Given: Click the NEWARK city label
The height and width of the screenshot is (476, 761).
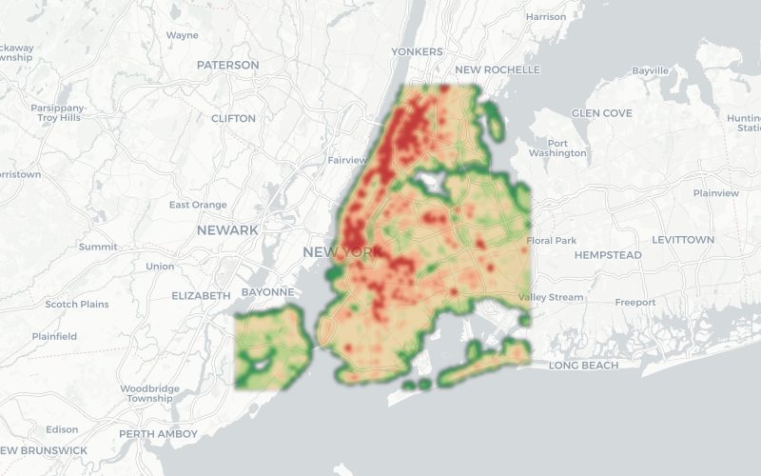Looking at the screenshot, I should [x=227, y=230].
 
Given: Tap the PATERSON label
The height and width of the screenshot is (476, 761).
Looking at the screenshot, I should [x=227, y=65].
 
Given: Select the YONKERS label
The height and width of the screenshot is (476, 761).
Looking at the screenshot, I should [x=417, y=51].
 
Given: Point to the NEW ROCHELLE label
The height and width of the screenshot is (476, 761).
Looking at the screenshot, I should [x=497, y=69].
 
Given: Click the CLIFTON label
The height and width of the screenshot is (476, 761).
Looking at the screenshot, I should [x=233, y=118].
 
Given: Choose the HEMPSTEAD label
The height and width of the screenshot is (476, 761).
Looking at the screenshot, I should [x=608, y=255].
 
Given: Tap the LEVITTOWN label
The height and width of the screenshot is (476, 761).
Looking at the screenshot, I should [x=683, y=240].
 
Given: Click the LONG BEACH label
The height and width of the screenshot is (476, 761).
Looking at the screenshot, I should [x=583, y=366].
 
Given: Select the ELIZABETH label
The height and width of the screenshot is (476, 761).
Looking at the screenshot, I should [x=201, y=296].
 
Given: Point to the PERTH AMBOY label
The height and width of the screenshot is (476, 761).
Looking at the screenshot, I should [x=158, y=434].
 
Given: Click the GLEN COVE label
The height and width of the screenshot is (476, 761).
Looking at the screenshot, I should [x=601, y=113].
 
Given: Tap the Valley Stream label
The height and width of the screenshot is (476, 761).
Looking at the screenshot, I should [x=551, y=297].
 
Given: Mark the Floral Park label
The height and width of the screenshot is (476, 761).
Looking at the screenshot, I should [x=552, y=241].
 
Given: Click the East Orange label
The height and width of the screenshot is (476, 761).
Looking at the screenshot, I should [x=198, y=205].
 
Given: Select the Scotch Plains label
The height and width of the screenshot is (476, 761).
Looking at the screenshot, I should [x=77, y=305].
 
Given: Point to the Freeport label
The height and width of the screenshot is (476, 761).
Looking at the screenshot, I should [x=635, y=303].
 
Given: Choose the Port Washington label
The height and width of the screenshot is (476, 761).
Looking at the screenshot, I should [x=557, y=147].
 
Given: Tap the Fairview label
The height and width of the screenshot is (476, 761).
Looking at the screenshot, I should [x=346, y=160].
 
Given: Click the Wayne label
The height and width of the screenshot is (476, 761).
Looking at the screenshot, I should [x=182, y=35].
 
